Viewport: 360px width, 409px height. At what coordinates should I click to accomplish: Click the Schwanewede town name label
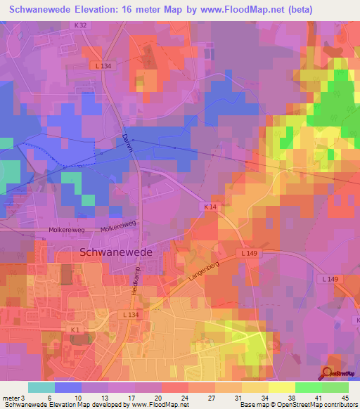tap(117, 251)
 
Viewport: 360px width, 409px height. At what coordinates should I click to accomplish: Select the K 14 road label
tap(210, 207)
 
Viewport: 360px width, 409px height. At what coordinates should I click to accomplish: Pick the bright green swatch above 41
tap(308, 387)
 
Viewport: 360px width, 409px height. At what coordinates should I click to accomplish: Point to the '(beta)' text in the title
tap(295, 9)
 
